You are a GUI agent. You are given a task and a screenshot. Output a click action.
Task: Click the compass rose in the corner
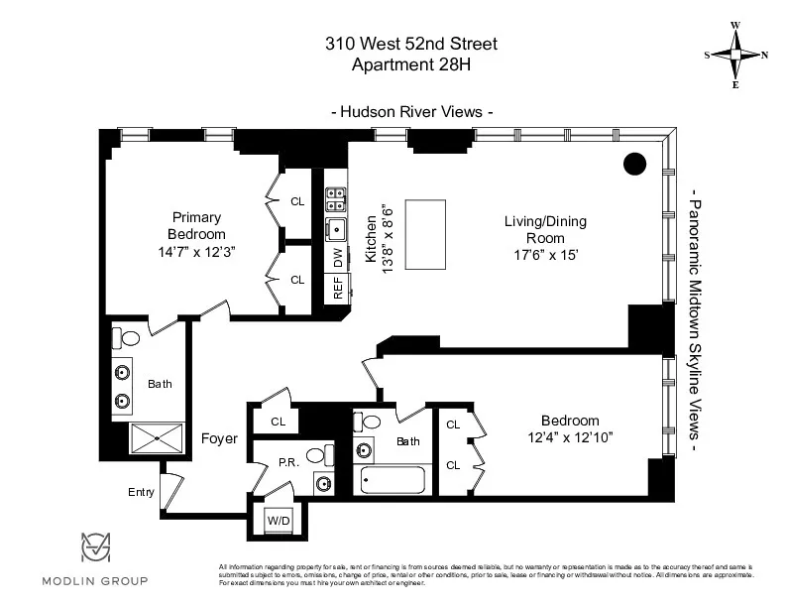coord(735,55)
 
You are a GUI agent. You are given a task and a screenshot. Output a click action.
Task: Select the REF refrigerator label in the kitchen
coord(337,289)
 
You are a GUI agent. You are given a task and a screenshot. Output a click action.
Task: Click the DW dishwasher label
coord(337,260)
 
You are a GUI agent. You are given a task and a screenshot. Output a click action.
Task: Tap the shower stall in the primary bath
coord(158,436)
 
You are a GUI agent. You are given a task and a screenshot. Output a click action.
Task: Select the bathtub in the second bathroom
coord(392,479)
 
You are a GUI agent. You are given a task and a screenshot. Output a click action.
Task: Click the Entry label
coord(142,491)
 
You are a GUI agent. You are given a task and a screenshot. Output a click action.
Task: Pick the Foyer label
coord(219,437)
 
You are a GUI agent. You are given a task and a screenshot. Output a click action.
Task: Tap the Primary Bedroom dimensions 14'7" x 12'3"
coord(195,251)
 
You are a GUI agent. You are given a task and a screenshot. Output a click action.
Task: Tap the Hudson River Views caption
coord(411,112)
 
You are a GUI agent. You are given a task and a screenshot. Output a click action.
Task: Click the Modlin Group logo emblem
coord(95,549)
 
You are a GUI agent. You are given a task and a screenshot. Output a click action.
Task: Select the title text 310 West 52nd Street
coord(411,44)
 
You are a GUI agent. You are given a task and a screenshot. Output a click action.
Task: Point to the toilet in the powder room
coord(316,456)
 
